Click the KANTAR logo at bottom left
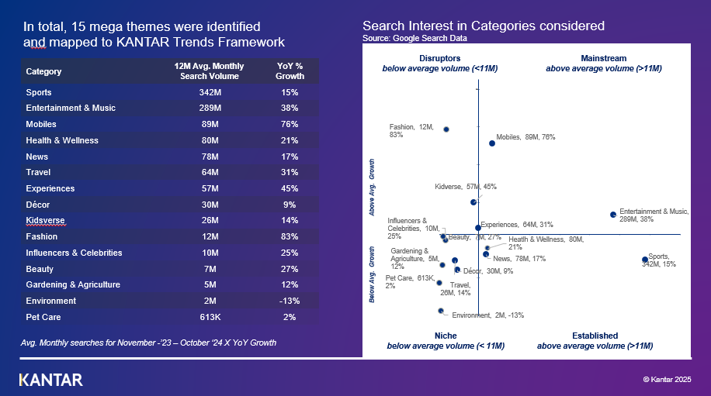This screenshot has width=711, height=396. pyautogui.click(x=50, y=380)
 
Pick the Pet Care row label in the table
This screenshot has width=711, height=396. pyautogui.click(x=43, y=317)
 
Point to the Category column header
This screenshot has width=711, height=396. pyautogui.click(x=43, y=72)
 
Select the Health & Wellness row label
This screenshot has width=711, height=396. pyautogui.click(x=62, y=140)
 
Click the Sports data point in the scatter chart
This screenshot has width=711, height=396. pyautogui.click(x=645, y=260)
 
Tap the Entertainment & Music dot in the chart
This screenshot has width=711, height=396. pyautogui.click(x=613, y=214)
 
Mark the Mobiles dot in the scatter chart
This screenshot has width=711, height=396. pyautogui.click(x=492, y=143)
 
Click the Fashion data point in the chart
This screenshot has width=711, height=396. pyautogui.click(x=446, y=129)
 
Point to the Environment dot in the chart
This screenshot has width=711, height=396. pyautogui.click(x=441, y=311)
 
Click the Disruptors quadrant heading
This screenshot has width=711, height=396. pyautogui.click(x=439, y=58)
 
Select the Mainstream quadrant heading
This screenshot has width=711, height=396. pyautogui.click(x=603, y=58)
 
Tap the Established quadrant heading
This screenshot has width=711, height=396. pyautogui.click(x=595, y=336)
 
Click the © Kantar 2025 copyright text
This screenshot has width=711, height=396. pyautogui.click(x=670, y=379)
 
